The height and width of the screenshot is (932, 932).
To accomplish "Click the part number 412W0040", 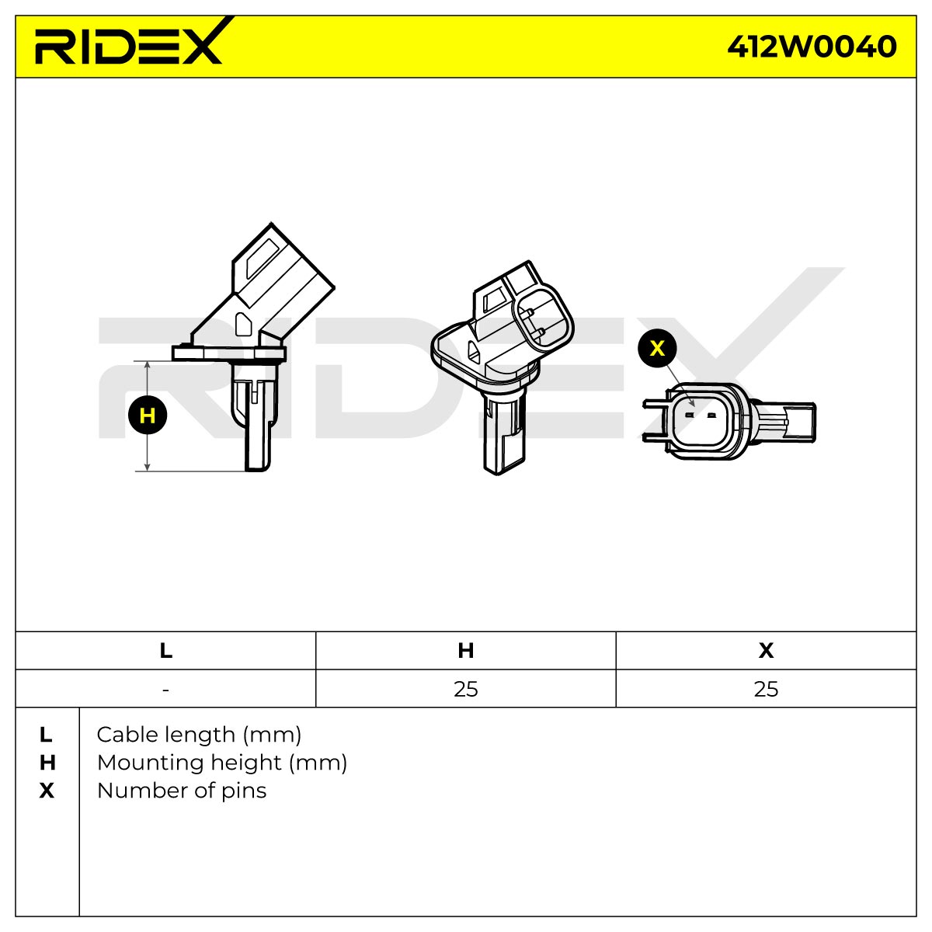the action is coord(812,47).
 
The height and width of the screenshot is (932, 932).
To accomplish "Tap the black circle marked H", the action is coord(148,416).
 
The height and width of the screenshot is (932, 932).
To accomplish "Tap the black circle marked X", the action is coord(657,348).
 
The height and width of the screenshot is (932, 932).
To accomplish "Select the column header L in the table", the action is coord(166,651).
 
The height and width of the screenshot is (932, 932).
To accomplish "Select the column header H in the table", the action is coord(466,651).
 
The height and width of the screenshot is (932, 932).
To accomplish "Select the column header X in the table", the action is coord(766,651).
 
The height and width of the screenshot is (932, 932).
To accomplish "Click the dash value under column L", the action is coord(166,690).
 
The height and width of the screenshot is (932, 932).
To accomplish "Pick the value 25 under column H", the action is coord(466,689).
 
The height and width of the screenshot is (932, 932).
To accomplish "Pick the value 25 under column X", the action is coord(766,689).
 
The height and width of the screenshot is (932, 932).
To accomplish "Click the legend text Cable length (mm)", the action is coord(199,736).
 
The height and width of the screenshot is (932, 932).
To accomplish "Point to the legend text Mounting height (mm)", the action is coord(222,763).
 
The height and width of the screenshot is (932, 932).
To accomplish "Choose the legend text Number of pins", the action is coord(182,791).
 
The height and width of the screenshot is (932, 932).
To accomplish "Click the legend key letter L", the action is coord(46,735).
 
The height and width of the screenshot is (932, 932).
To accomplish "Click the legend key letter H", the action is coord(47,763).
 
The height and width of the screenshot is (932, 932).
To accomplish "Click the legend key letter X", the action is coord(47,791).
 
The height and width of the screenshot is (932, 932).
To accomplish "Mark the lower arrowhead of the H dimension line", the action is coord(148,467).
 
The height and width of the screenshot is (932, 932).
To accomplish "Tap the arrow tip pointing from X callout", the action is coord(694,405).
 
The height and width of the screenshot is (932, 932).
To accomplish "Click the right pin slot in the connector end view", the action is coord(711,415).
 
